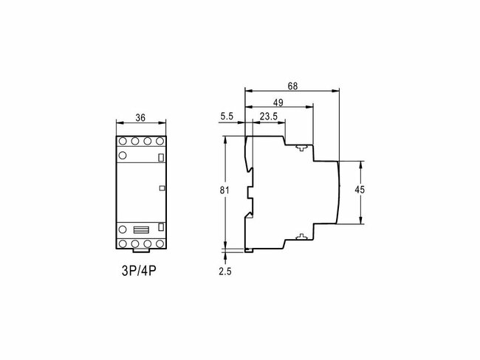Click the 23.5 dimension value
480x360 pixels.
[269, 117]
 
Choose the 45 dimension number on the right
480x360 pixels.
[360, 190]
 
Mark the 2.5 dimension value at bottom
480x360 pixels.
[226, 271]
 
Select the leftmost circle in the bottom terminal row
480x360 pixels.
[123, 241]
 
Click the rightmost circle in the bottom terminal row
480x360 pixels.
[160, 241]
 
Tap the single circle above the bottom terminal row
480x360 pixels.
[123, 229]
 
